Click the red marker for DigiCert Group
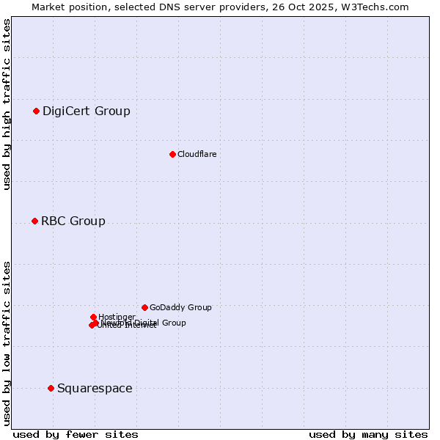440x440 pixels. click(x=36, y=111)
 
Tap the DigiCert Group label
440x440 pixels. click(x=86, y=111)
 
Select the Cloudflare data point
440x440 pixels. click(x=172, y=154)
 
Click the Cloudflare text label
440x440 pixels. click(x=197, y=154)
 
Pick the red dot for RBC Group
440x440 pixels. click(x=34, y=221)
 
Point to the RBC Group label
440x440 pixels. click(x=73, y=221)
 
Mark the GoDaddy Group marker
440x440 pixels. click(x=144, y=307)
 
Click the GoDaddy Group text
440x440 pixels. click(x=180, y=308)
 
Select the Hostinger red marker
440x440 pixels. click(x=93, y=317)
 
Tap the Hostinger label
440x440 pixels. click(x=117, y=317)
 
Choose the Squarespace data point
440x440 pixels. click(x=51, y=388)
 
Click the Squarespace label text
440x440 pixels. click(x=95, y=389)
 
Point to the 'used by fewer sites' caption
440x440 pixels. click(x=76, y=435)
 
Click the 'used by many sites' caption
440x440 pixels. click(x=368, y=435)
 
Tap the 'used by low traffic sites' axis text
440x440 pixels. click(x=7, y=342)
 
